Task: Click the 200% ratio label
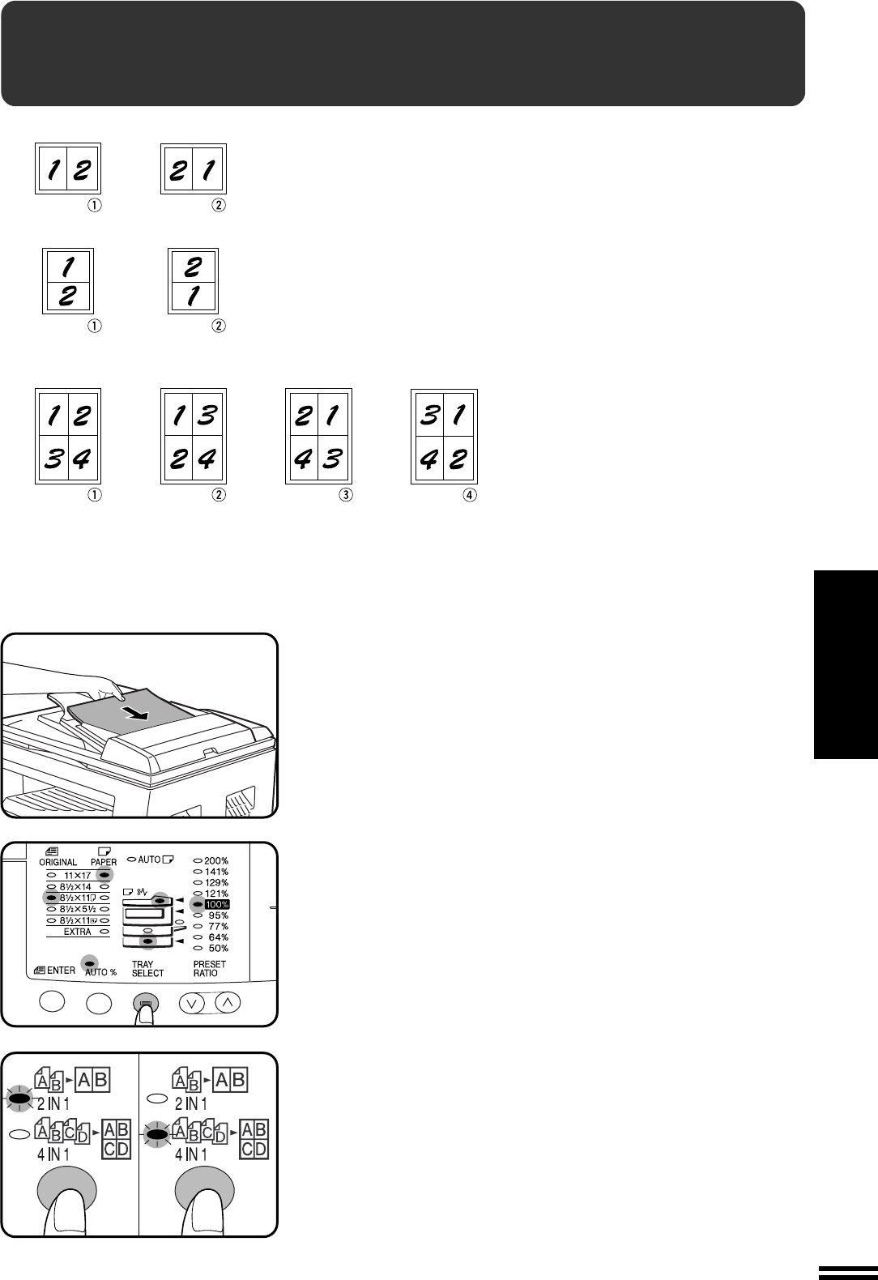click(216, 860)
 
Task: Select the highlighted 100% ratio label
click(217, 905)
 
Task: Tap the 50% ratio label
click(218, 948)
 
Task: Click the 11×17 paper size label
click(77, 876)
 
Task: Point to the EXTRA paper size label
click(77, 932)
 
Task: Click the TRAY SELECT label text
click(147, 969)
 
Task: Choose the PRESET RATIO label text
click(209, 969)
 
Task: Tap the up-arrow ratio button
click(228, 1002)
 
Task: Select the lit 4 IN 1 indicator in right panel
click(157, 1133)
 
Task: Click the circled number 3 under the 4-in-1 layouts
click(346, 495)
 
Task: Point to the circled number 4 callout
click(470, 495)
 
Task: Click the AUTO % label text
click(100, 972)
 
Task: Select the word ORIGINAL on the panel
click(58, 862)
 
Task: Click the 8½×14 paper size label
click(75, 887)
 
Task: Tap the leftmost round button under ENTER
click(52, 1001)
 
